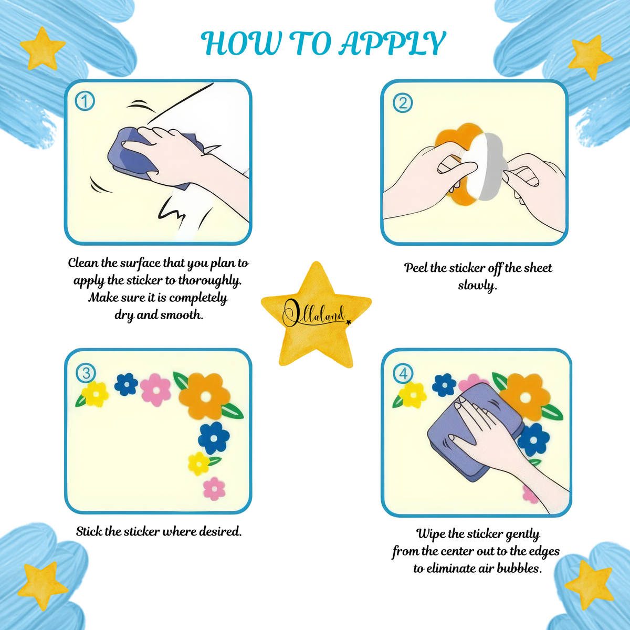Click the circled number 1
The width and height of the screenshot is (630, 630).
coord(85,101)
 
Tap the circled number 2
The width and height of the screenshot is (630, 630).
coord(403,103)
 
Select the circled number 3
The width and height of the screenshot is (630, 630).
coord(86,373)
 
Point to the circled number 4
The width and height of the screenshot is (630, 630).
coord(403,373)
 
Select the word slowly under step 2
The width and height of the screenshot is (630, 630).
coord(477,286)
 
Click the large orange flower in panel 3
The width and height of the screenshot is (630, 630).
coord(204,396)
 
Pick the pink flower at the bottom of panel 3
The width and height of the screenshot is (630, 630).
coord(214,488)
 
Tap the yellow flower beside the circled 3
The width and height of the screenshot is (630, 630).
coord(95,394)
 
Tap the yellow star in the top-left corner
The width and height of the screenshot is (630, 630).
coord(43,48)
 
